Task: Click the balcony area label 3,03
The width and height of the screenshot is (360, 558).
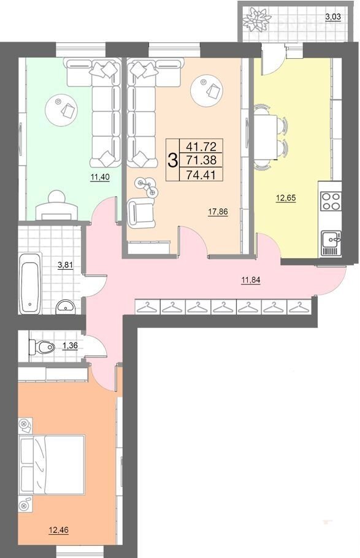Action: click(x=334, y=17)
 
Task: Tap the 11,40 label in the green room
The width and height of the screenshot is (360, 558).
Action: click(x=100, y=177)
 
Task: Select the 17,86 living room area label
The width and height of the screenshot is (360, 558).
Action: click(x=218, y=212)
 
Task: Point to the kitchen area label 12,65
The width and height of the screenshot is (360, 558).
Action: click(x=286, y=198)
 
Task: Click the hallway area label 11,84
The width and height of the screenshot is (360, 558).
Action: click(x=251, y=280)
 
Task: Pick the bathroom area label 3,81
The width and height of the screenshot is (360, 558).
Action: click(x=66, y=264)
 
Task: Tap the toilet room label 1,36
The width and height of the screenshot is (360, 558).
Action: click(x=70, y=345)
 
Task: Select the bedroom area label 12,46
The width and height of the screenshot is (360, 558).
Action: click(x=58, y=530)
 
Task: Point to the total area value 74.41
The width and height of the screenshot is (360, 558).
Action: click(x=202, y=174)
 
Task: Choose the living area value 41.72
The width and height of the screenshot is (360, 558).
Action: click(x=202, y=145)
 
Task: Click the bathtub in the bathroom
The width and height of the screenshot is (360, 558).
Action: click(x=30, y=283)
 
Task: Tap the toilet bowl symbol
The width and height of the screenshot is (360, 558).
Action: click(x=42, y=346)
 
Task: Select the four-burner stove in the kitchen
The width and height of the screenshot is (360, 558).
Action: click(x=331, y=201)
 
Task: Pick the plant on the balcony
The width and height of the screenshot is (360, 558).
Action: click(x=255, y=19)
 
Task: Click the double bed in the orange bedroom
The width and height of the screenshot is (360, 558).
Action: click(x=52, y=464)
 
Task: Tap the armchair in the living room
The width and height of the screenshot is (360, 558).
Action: click(x=142, y=213)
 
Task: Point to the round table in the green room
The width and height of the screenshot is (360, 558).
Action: click(x=61, y=110)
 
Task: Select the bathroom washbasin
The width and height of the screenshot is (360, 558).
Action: click(x=66, y=307)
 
